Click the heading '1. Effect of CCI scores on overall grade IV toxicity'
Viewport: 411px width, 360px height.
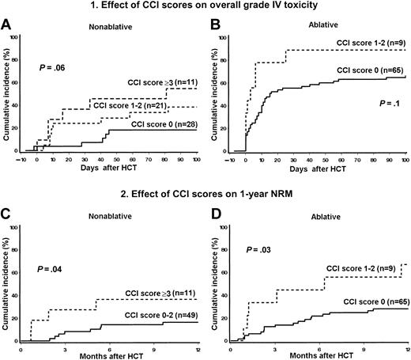click(205, 8)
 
